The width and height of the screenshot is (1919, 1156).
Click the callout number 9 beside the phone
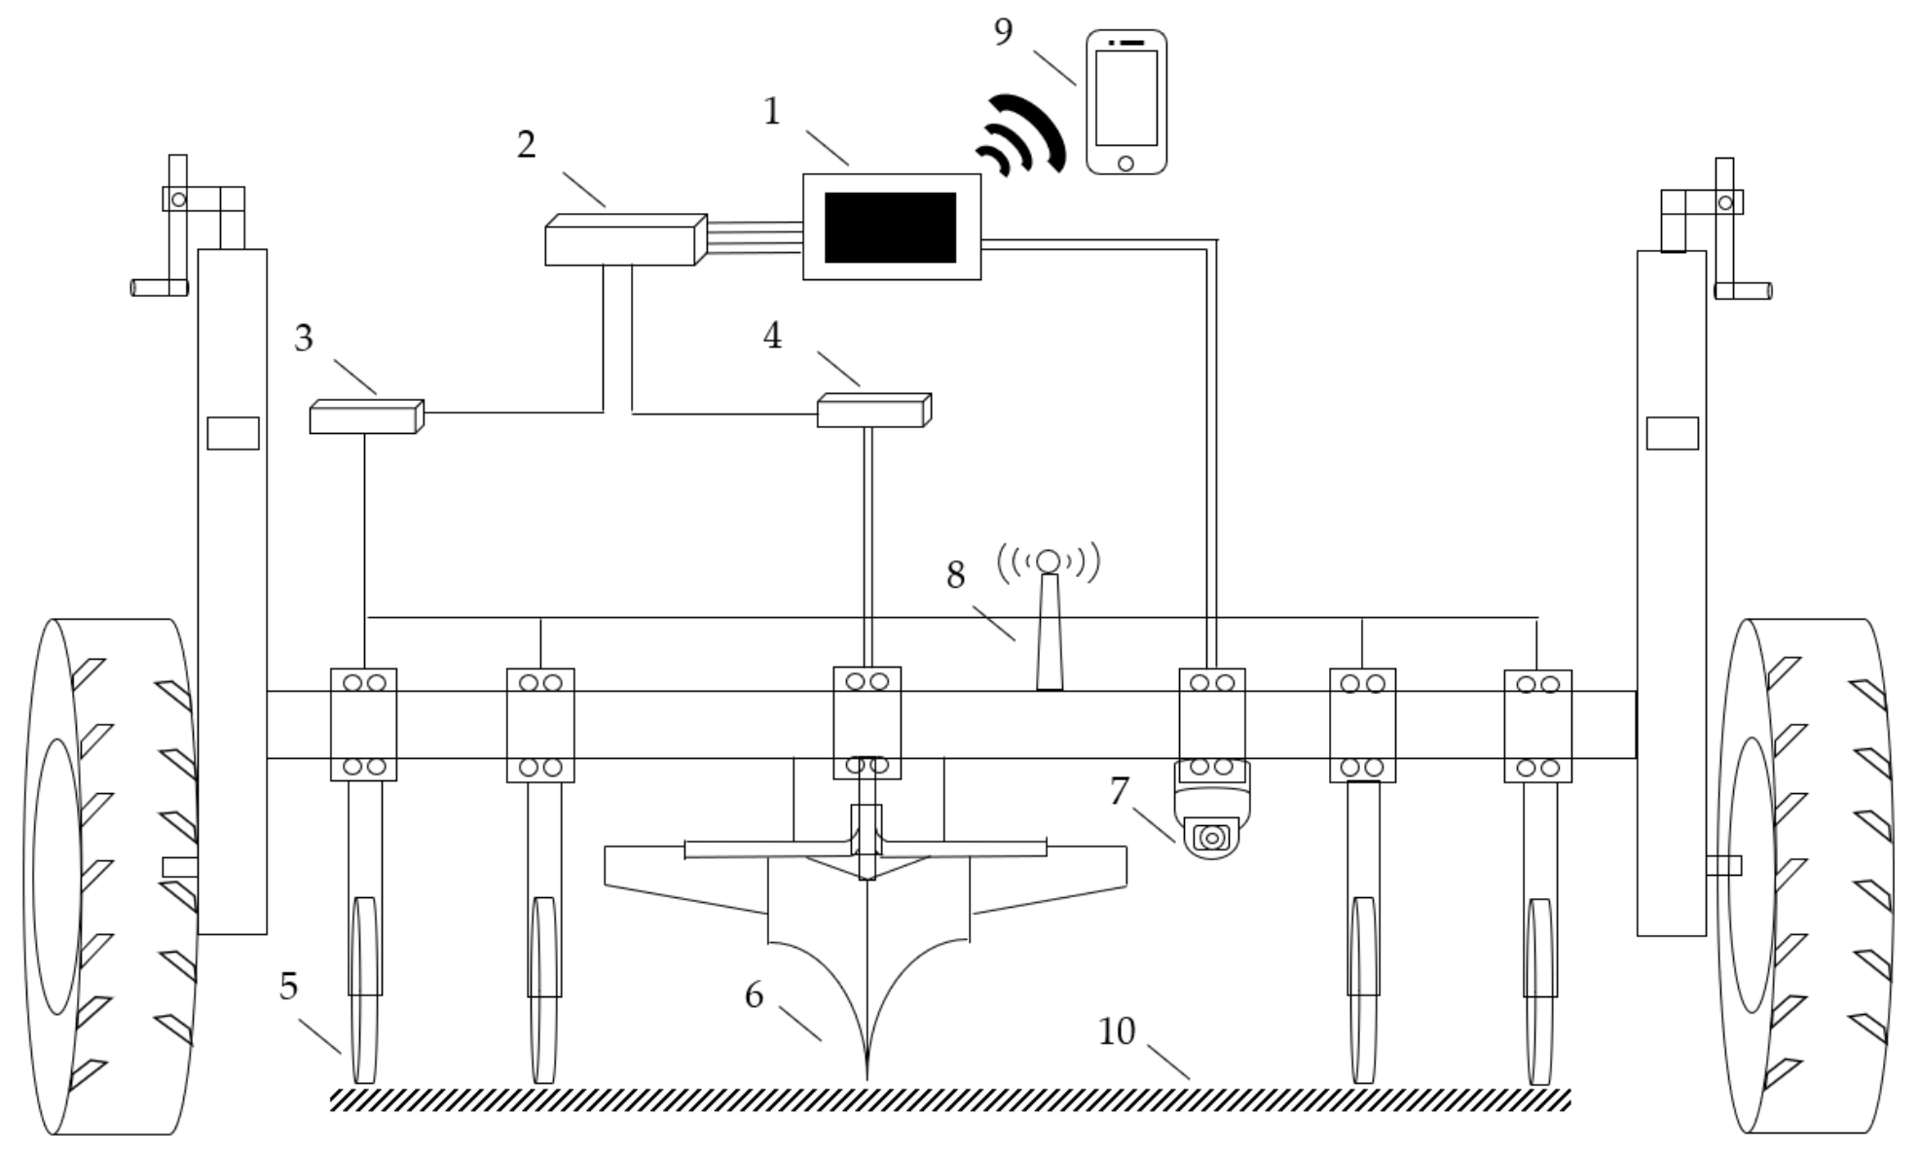coord(1003,33)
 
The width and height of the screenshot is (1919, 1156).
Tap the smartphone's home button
coord(1126,163)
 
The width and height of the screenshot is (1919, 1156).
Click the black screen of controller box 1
coord(890,228)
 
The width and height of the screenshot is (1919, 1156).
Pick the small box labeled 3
coord(366,416)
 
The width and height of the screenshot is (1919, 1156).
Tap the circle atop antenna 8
coord(1048,560)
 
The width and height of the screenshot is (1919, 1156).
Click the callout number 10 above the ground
coord(1117,1031)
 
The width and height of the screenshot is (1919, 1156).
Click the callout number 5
coord(288,987)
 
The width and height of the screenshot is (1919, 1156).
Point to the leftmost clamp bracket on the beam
coord(363,724)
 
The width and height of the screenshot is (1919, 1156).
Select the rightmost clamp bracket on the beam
coord(1537,725)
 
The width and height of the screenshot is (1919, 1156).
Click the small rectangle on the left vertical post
coord(233,433)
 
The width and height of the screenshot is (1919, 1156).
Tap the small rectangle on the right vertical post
coord(1672,433)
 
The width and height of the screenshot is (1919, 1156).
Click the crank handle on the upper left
coord(160,287)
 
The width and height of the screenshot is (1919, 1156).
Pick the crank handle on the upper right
coord(1743,290)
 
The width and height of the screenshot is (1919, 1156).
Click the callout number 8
coord(955,576)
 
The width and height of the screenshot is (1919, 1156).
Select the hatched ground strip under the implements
coord(949,1100)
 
